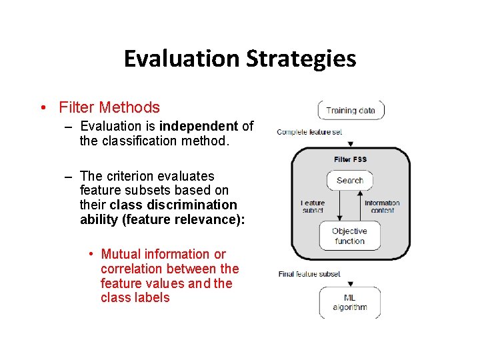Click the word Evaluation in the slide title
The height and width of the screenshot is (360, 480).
tap(182, 59)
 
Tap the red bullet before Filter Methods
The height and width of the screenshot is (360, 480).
tap(42, 107)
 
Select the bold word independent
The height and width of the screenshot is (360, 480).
tap(199, 126)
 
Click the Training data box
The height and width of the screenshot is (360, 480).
tap(351, 111)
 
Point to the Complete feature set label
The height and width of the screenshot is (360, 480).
tap(309, 132)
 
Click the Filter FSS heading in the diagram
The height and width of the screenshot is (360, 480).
tap(350, 159)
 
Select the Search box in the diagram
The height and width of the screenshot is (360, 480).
tap(350, 180)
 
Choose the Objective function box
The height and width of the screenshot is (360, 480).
tap(349, 236)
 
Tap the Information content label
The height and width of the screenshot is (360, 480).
tap(382, 207)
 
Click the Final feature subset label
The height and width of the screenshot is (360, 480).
tap(309, 274)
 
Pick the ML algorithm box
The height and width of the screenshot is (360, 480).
tap(350, 302)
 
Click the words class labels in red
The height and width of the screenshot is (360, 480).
tap(135, 298)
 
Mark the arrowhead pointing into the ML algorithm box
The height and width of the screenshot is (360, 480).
tap(351, 283)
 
